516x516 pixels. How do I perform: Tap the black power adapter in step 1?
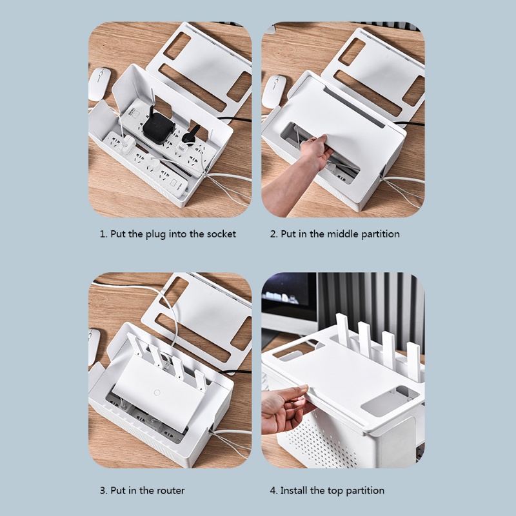pyautogui.click(x=158, y=126)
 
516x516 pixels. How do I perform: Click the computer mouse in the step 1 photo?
pyautogui.click(x=99, y=84)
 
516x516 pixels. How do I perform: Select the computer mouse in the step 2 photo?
pyautogui.click(x=273, y=91)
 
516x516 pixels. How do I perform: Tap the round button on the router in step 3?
pyautogui.click(x=157, y=393)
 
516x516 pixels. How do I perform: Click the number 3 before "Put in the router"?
pyautogui.click(x=103, y=490)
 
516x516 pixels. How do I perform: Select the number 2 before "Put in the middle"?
pyautogui.click(x=273, y=234)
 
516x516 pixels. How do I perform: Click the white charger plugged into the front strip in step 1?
pyautogui.click(x=127, y=144)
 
